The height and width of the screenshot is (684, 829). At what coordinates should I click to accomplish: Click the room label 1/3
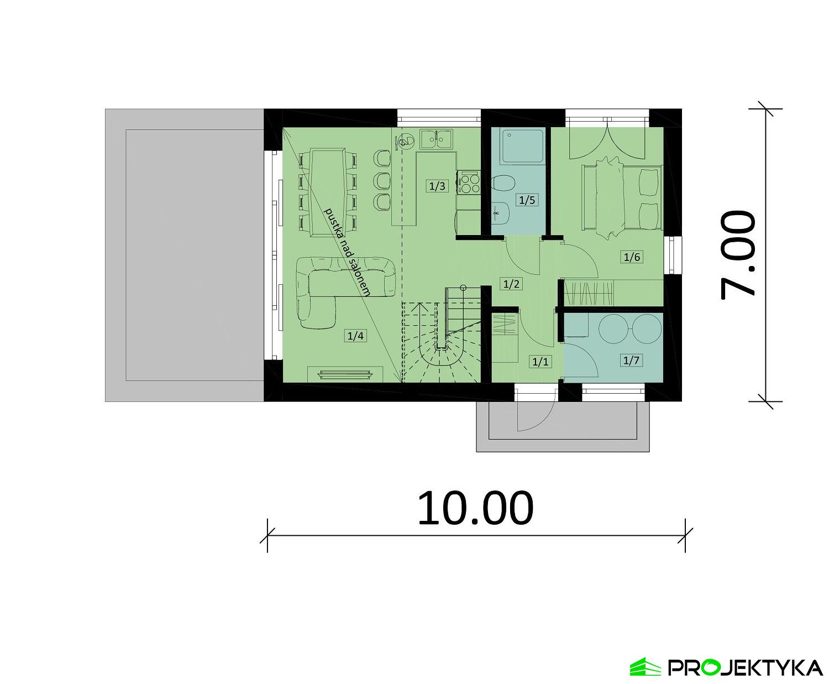437,186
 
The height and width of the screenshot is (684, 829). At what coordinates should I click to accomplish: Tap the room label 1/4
354,335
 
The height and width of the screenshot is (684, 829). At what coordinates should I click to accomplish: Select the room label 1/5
527,200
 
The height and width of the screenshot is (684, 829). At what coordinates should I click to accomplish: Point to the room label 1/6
632,257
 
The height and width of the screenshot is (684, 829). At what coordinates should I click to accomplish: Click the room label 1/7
631,361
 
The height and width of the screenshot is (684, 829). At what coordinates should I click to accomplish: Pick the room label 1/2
511,284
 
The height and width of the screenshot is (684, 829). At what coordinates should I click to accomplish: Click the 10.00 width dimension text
475,508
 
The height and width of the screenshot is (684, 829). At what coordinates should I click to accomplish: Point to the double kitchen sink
437,139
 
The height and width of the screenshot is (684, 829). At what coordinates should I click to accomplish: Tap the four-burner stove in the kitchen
468,183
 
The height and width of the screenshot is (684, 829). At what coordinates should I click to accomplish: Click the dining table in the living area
327,191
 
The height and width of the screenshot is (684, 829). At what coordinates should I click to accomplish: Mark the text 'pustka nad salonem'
347,252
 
